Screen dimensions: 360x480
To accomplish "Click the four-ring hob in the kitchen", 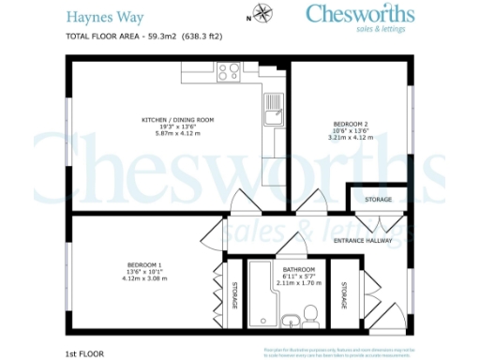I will [229, 71].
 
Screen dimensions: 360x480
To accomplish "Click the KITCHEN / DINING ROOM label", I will [178, 120].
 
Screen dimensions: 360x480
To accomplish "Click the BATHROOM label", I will [298, 270].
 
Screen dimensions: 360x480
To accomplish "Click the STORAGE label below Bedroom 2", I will [378, 200].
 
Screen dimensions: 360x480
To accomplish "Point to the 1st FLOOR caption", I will [83, 353].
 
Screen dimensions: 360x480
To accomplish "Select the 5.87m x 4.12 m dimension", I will [178, 132].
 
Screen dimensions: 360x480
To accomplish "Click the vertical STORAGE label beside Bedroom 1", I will [234, 295].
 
